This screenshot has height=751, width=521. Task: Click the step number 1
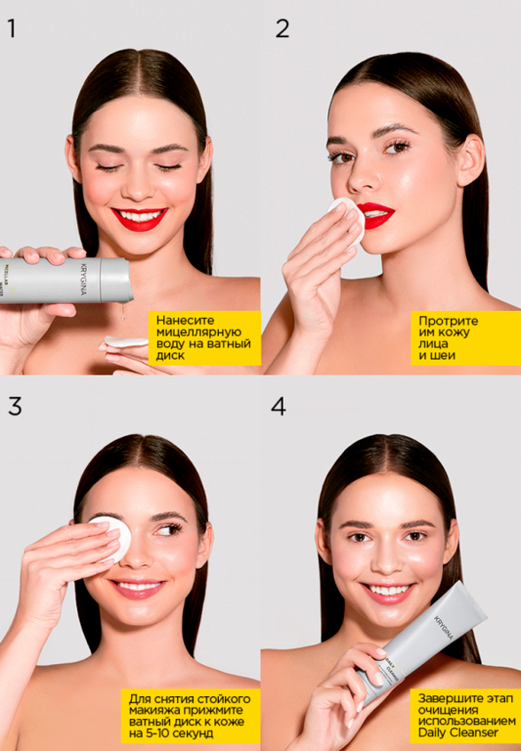[12, 28]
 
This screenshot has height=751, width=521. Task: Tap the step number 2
[282, 28]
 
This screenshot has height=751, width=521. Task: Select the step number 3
[14, 406]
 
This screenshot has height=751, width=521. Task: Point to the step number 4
[279, 406]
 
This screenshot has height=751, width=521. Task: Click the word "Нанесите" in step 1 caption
[186, 320]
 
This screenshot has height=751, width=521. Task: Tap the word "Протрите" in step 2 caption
[448, 320]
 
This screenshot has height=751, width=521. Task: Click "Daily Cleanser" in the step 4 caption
[465, 732]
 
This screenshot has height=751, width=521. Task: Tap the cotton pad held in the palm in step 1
[127, 341]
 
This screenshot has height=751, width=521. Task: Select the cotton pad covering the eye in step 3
[111, 537]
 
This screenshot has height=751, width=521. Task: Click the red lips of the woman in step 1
[139, 218]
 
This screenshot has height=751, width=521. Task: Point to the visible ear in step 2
[470, 159]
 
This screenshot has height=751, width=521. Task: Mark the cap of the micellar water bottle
[116, 280]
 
